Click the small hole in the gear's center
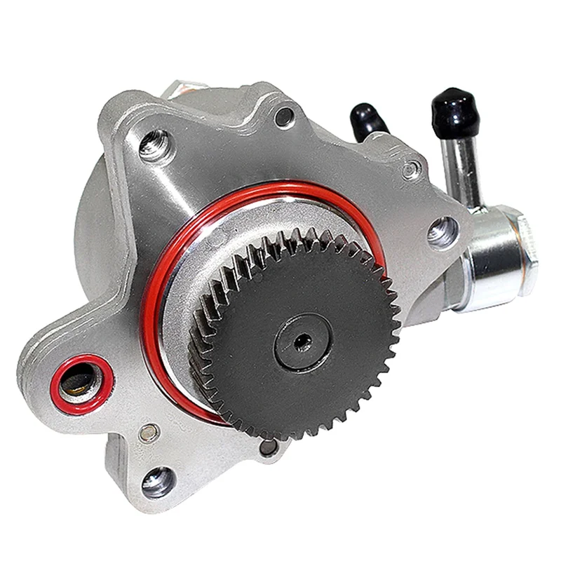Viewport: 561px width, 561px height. point(303,342)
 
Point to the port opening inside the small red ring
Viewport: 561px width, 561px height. point(79,383)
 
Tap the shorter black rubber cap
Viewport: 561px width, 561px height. point(368,119)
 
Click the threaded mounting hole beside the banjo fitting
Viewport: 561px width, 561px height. point(442,231)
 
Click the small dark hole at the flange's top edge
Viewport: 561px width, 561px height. point(284,116)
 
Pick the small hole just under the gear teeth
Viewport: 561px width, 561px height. point(268,447)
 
